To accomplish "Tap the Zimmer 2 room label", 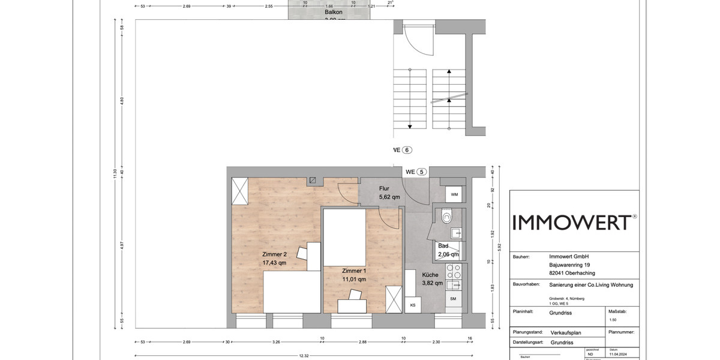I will (x=274, y=254).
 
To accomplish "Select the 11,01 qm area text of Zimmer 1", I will (x=354, y=279).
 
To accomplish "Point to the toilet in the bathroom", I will (x=446, y=217).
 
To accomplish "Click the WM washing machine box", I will (x=454, y=194).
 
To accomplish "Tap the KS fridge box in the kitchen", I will (x=413, y=305).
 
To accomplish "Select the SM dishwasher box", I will (x=453, y=298).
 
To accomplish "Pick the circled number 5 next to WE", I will (x=422, y=172).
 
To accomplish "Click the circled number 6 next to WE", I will (x=408, y=150).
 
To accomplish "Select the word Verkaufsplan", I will (x=566, y=332).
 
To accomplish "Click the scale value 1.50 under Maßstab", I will (x=613, y=320).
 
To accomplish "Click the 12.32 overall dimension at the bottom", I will (x=305, y=355).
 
